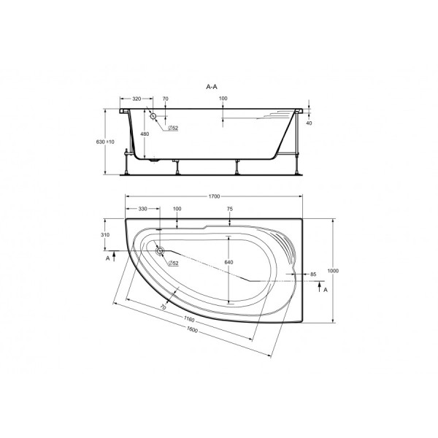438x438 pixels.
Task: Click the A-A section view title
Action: [212, 86]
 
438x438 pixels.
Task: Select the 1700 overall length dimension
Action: [215, 196]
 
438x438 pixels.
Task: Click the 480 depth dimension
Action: [145, 134]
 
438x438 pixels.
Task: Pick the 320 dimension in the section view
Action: [136, 98]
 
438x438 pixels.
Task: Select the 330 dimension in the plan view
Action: [143, 209]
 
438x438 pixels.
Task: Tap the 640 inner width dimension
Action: [228, 263]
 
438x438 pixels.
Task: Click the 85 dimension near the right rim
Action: [312, 274]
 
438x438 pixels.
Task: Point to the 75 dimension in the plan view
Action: [230, 209]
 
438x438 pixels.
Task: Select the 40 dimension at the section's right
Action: [310, 123]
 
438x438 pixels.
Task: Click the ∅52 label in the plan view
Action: [173, 262]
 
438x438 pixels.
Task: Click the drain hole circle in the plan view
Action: [160, 251]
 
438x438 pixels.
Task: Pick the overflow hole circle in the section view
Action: [153, 117]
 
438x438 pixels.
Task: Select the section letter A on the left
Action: [108, 258]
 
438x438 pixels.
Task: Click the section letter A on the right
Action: [325, 290]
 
